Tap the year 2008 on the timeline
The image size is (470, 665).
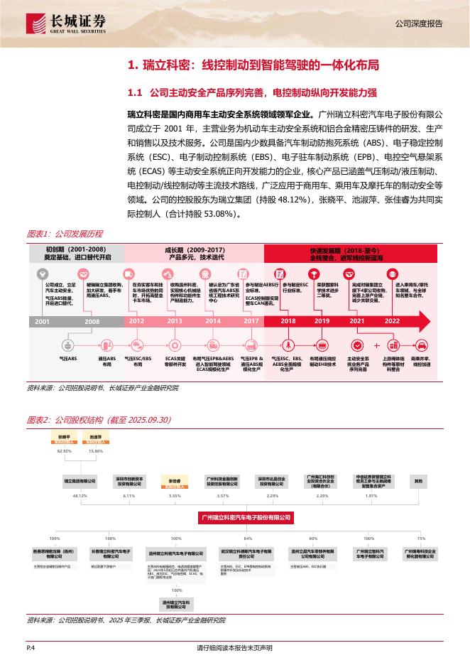click(92, 320)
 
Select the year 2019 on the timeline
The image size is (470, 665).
click(322, 320)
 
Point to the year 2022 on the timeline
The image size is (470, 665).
click(393, 320)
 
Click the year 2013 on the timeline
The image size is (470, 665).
click(175, 320)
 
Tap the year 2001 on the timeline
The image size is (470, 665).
click(43, 320)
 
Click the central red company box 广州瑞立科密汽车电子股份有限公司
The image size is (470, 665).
click(246, 519)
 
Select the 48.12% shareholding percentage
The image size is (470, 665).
click(80, 496)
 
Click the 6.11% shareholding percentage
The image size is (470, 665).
click(129, 496)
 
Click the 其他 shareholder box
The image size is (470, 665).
click(418, 481)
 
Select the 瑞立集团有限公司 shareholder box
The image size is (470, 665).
click(80, 481)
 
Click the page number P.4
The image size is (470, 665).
click(31, 648)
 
